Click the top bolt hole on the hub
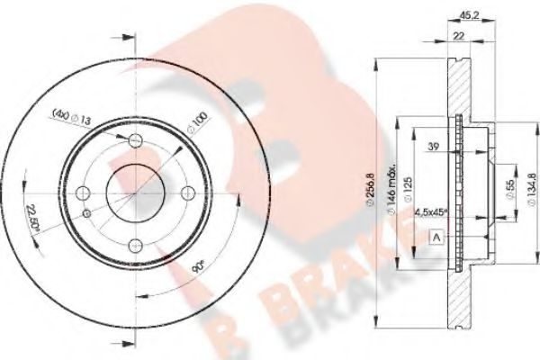pos(135,139)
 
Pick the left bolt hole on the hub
pos(82,193)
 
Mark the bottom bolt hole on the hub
pos(135,245)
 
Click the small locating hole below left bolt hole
pos(86,213)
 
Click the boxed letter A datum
pos(436,236)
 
